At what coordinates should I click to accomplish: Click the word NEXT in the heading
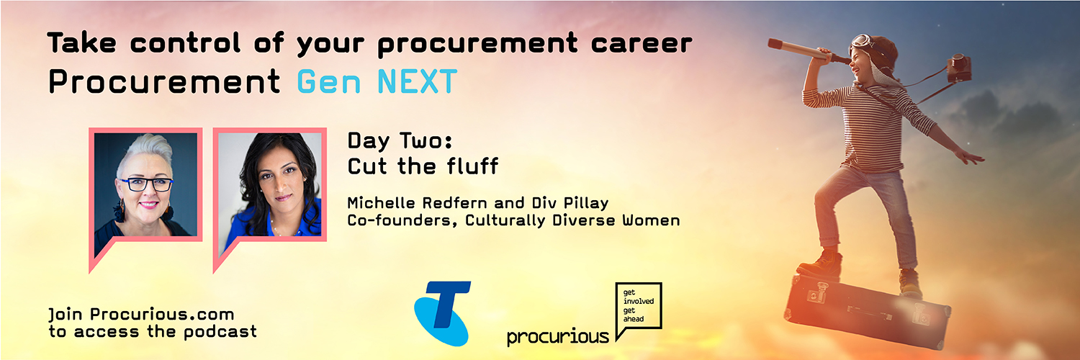(417, 81)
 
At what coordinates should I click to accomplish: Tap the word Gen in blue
(329, 81)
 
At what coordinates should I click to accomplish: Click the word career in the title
(642, 43)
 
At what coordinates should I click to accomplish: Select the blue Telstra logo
(442, 313)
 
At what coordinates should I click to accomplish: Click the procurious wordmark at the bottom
(558, 336)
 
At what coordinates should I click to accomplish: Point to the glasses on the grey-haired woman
(147, 184)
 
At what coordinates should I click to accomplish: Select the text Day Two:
(400, 140)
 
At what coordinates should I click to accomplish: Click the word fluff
(472, 166)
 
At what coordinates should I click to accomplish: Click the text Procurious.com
(162, 314)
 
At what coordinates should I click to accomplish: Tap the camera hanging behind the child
(958, 68)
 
